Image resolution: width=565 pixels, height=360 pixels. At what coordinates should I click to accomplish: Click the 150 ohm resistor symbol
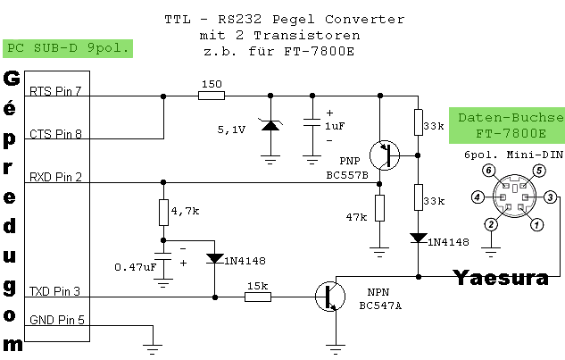click(x=211, y=96)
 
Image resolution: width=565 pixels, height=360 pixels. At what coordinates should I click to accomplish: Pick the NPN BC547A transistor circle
click(x=332, y=297)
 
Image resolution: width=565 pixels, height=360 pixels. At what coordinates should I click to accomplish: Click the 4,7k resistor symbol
click(x=163, y=213)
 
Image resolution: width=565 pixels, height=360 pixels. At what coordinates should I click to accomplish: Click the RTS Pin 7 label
click(x=55, y=91)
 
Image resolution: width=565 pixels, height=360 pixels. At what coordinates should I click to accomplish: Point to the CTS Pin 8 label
click(x=55, y=134)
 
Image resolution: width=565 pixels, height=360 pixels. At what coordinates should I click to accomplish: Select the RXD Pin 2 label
click(x=55, y=178)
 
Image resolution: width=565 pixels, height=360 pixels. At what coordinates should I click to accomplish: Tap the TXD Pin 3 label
click(x=55, y=291)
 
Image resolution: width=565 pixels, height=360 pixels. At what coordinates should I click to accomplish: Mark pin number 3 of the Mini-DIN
click(x=552, y=197)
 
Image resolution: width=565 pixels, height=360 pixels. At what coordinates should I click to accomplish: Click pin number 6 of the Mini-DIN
click(x=487, y=170)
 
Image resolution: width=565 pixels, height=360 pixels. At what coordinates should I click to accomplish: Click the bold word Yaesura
click(x=500, y=278)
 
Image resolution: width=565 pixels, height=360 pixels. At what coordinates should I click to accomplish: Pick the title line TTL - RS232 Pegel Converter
click(x=284, y=19)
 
